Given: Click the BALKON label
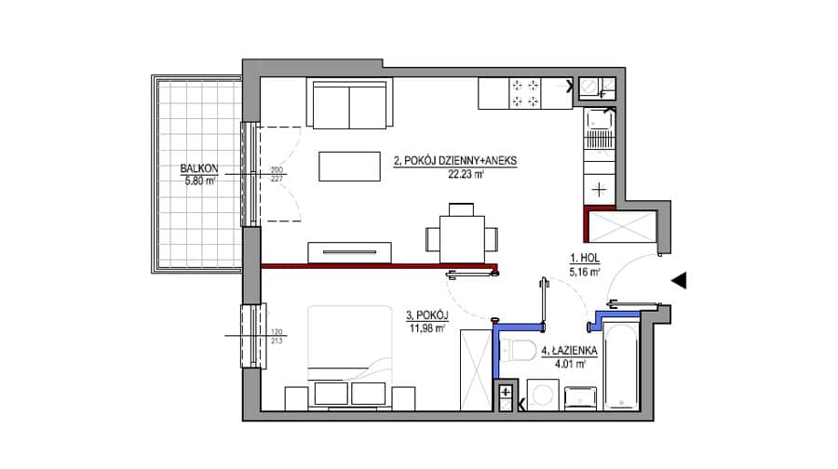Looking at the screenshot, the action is click(199, 168).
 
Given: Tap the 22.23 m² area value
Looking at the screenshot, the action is click(466, 174).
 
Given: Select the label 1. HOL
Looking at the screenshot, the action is click(585, 259).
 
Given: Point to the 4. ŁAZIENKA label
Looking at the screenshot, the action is click(569, 351).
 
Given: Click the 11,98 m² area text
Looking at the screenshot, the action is click(427, 328).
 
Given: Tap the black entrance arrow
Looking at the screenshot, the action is click(679, 280).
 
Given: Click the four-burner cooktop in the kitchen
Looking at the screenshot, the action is click(525, 93).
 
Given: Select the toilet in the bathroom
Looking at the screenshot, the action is click(519, 350).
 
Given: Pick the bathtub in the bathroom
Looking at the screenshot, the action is click(620, 367).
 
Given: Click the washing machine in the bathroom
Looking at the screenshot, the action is click(543, 395).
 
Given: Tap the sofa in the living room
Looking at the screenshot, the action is click(349, 103).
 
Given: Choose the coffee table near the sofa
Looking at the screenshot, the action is click(349, 167).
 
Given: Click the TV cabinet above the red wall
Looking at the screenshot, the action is click(349, 253).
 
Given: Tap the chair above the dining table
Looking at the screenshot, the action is click(461, 209).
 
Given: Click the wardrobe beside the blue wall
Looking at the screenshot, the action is click(476, 369).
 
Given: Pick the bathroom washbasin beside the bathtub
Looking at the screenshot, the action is click(580, 398).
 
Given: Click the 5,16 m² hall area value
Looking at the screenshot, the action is click(585, 272).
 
